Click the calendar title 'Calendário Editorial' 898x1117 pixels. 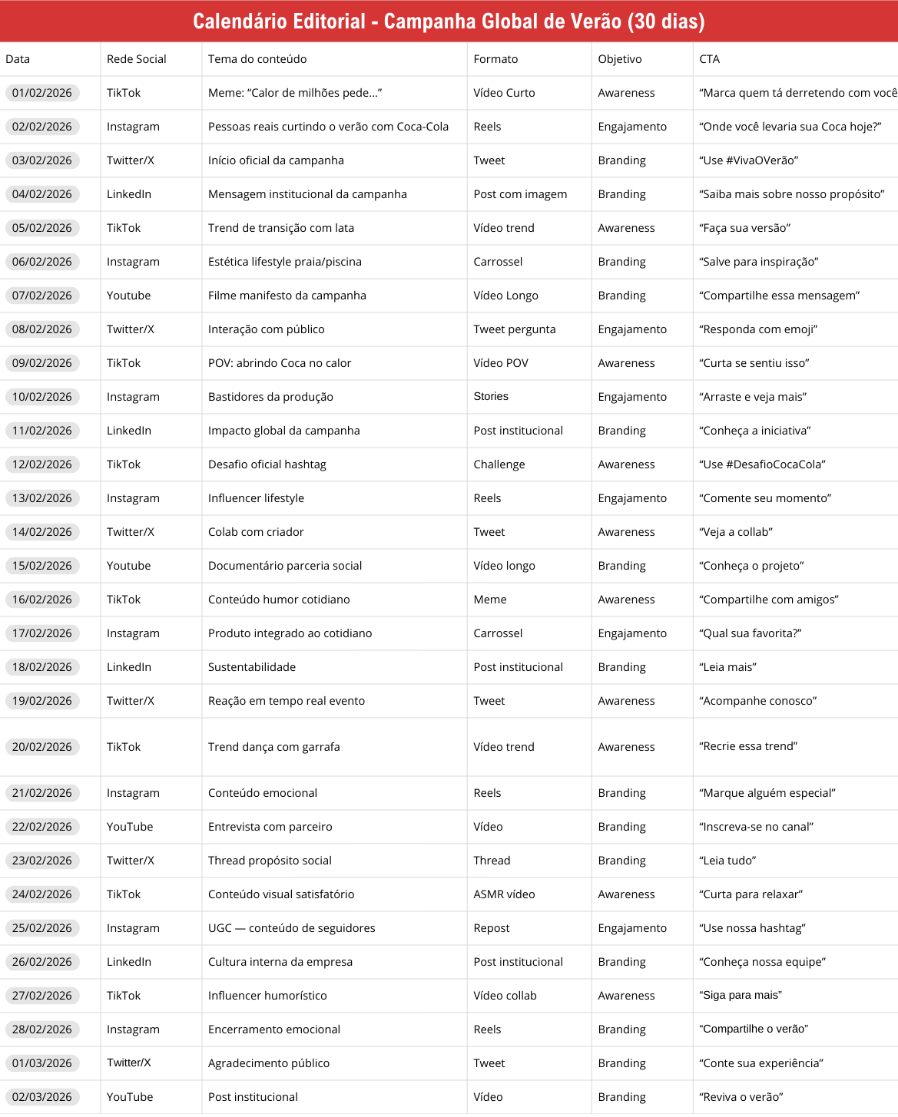point(449,21)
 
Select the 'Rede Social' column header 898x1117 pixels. point(137,59)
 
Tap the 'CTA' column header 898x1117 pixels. point(709,59)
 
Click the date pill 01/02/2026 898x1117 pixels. point(42,93)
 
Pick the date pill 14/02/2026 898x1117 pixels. point(42,532)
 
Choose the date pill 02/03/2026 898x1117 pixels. point(42,1097)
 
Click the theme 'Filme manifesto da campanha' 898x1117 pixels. point(287,296)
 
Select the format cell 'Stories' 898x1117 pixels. point(491,396)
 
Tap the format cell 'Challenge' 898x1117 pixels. point(499,464)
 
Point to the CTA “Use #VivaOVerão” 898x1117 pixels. point(749,160)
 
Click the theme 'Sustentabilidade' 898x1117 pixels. point(252,667)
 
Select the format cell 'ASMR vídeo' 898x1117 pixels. point(504,894)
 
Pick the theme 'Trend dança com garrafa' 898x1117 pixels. point(274,747)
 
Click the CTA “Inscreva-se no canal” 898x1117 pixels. point(757,827)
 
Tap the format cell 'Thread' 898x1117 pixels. point(492,861)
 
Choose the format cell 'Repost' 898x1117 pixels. point(492,928)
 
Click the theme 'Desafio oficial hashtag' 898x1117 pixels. point(267,464)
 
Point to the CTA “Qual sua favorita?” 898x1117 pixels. point(751,633)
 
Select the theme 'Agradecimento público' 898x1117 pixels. point(269,1063)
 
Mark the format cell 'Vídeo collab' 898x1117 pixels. point(505,996)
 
